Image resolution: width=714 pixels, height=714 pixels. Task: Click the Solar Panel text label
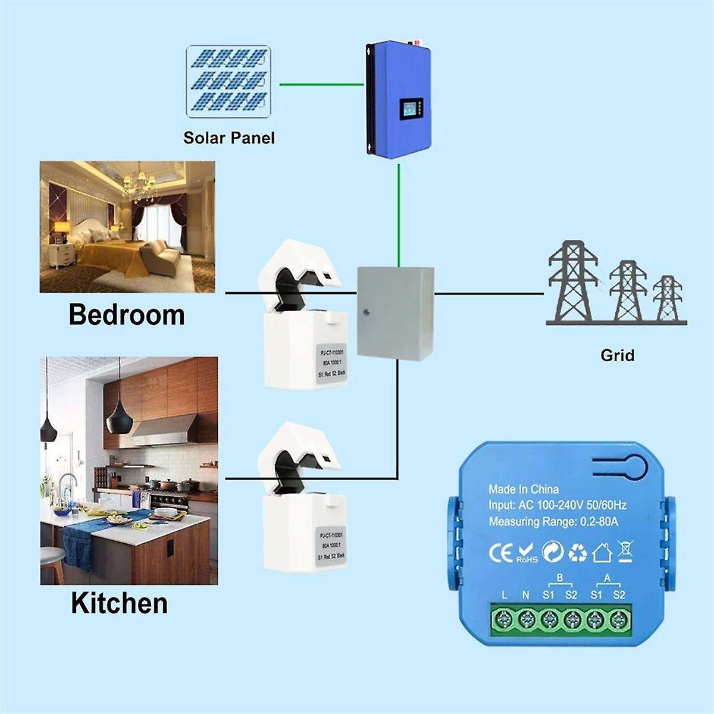[x=229, y=138]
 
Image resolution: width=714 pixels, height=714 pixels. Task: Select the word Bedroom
[x=127, y=314]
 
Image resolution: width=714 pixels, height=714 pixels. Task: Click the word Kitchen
[x=119, y=603]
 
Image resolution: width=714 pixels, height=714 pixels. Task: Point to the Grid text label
[x=618, y=356]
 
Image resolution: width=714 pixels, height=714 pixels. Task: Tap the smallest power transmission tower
[x=668, y=300]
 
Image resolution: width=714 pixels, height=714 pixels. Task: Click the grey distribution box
[x=394, y=312]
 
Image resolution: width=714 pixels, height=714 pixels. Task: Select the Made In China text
[x=524, y=490]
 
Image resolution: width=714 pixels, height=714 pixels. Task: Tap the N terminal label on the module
[x=525, y=594]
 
